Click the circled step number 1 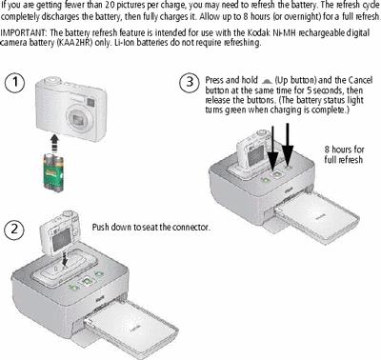click(x=14, y=83)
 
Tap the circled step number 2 click(x=14, y=230)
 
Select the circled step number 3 click(x=190, y=82)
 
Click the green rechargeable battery click(x=53, y=172)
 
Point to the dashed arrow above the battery click(x=55, y=142)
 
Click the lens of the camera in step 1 click(x=78, y=119)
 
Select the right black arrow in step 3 click(x=288, y=144)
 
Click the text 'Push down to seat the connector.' click(x=151, y=228)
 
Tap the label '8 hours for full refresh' click(x=344, y=154)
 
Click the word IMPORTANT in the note click(x=24, y=32)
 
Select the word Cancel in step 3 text click(x=360, y=80)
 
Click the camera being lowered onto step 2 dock click(x=59, y=231)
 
